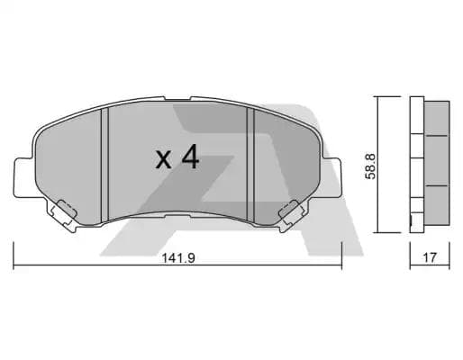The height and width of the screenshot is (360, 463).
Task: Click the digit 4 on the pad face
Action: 188,158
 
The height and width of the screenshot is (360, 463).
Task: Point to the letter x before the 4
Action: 163,161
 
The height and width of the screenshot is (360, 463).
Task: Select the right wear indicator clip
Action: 289,212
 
